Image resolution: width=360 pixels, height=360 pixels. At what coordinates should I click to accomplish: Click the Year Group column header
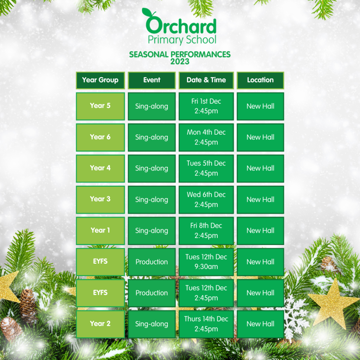(x=100, y=80)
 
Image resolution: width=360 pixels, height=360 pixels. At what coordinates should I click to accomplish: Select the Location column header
(x=261, y=80)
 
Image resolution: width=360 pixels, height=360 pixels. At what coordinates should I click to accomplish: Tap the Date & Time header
(x=206, y=80)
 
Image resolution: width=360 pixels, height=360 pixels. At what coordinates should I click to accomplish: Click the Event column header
(x=152, y=80)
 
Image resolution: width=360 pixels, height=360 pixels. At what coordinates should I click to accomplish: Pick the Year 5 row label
(x=100, y=106)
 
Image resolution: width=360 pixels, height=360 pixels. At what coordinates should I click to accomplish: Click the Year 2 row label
(x=100, y=324)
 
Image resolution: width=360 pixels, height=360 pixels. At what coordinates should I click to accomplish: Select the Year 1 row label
(x=100, y=231)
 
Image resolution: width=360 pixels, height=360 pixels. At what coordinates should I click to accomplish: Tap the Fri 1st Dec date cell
(x=206, y=106)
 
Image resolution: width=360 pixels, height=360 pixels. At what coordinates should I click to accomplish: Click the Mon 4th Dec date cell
(x=206, y=137)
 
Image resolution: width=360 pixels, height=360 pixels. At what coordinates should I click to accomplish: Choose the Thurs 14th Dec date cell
(x=206, y=324)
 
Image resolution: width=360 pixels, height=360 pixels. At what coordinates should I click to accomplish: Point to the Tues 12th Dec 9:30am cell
(x=206, y=262)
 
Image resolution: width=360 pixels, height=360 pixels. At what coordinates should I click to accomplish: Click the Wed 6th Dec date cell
(x=206, y=200)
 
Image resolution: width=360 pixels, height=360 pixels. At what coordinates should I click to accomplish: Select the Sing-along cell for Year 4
(x=152, y=168)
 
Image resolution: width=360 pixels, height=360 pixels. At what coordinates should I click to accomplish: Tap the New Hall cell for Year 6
(x=261, y=137)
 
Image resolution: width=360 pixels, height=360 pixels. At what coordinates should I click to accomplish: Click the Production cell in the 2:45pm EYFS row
(x=152, y=293)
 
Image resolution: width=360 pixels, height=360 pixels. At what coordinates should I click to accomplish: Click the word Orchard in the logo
(x=181, y=22)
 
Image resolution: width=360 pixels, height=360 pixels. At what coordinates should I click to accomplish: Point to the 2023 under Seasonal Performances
(x=180, y=62)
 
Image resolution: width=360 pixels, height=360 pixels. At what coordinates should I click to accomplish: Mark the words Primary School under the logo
(x=182, y=40)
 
